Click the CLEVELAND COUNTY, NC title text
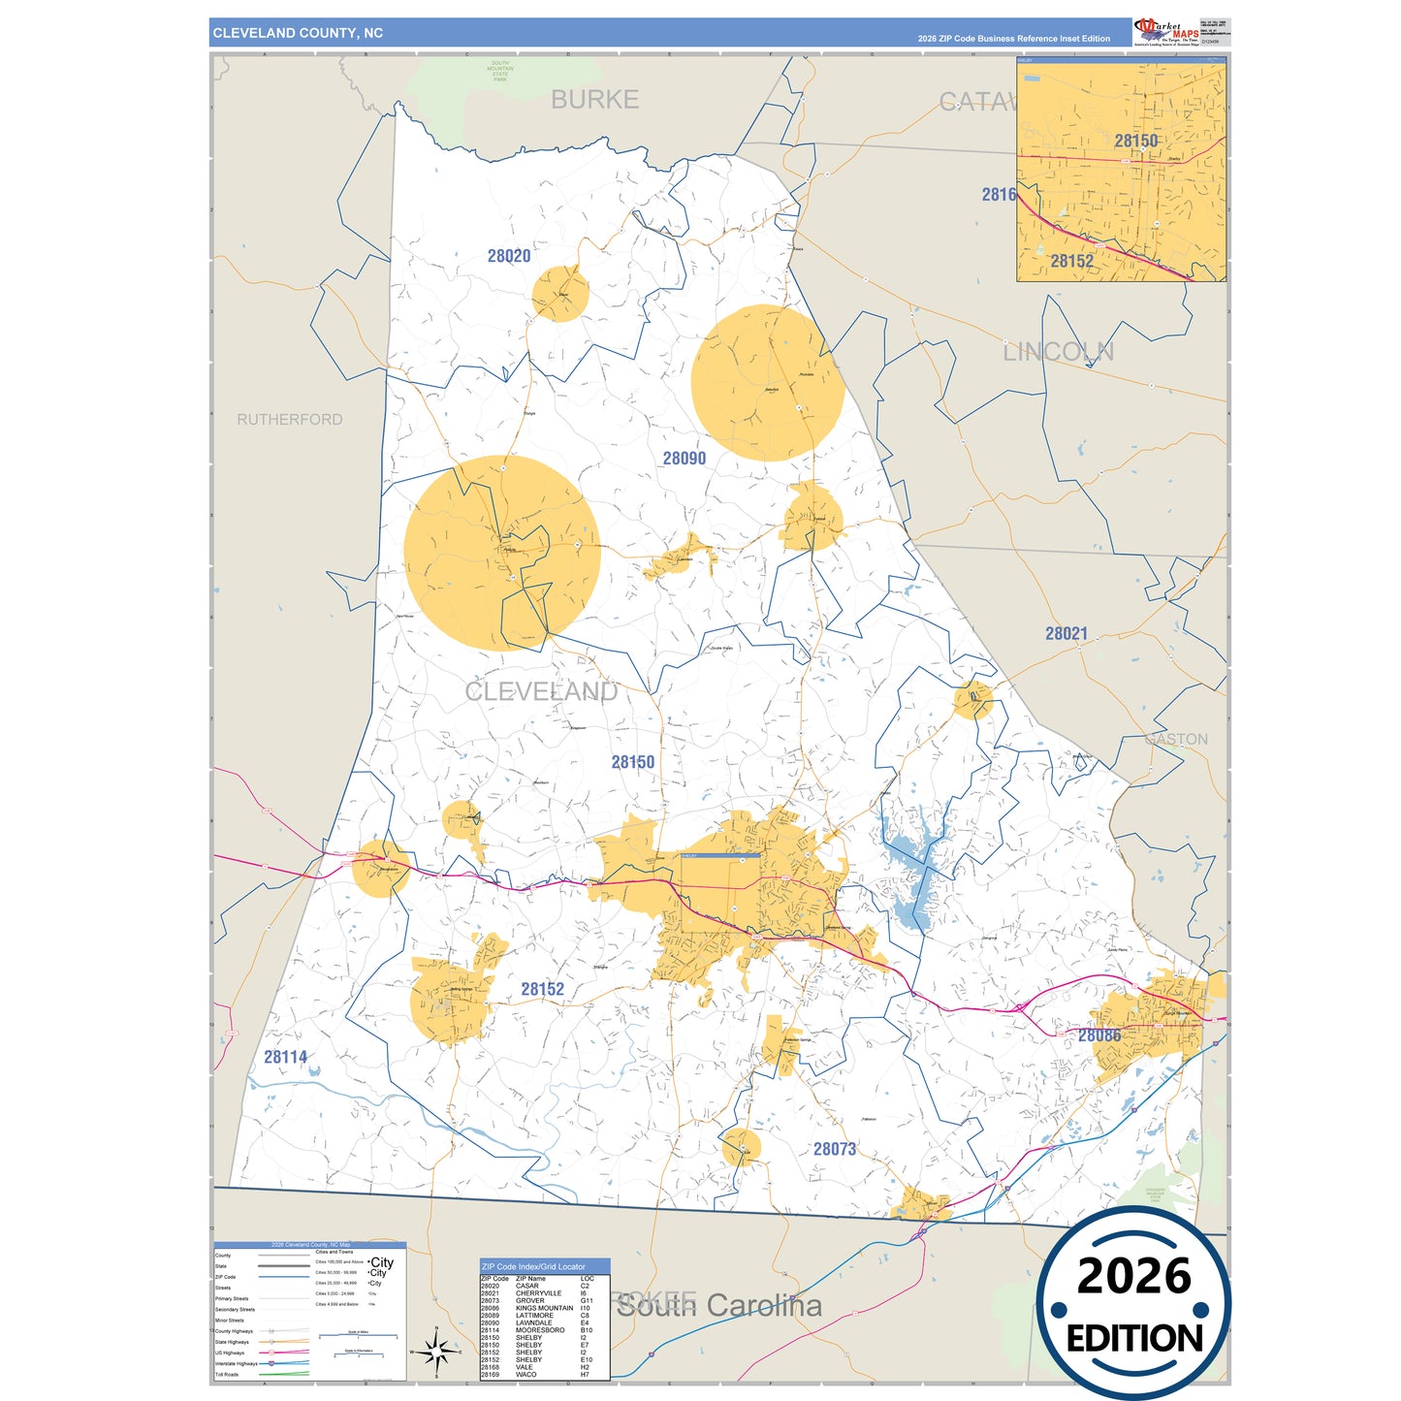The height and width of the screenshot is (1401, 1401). [298, 33]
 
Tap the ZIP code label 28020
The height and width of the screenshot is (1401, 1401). [509, 256]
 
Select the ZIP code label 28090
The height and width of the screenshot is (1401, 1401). [684, 459]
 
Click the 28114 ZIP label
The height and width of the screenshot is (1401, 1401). [285, 1057]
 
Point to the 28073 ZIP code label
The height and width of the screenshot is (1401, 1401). [834, 1149]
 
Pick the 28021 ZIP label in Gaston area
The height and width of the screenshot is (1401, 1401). [1066, 634]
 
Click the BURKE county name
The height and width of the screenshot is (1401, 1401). [594, 100]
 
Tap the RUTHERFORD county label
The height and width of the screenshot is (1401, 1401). [289, 420]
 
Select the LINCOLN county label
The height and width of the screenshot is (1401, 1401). [1058, 352]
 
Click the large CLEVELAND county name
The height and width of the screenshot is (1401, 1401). [540, 691]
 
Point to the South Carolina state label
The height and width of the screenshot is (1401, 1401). [719, 1306]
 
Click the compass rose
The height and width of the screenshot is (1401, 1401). [436, 1351]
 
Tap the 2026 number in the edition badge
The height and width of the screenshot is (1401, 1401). [1133, 1276]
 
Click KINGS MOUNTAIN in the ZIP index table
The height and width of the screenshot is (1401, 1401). [544, 1308]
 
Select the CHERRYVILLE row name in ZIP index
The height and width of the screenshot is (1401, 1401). [538, 1293]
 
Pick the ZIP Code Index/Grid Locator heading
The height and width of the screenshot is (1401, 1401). [533, 1266]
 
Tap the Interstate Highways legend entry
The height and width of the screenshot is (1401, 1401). [236, 1363]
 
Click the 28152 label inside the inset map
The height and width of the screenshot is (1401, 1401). [1071, 261]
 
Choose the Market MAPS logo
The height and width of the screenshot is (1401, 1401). [1166, 32]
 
